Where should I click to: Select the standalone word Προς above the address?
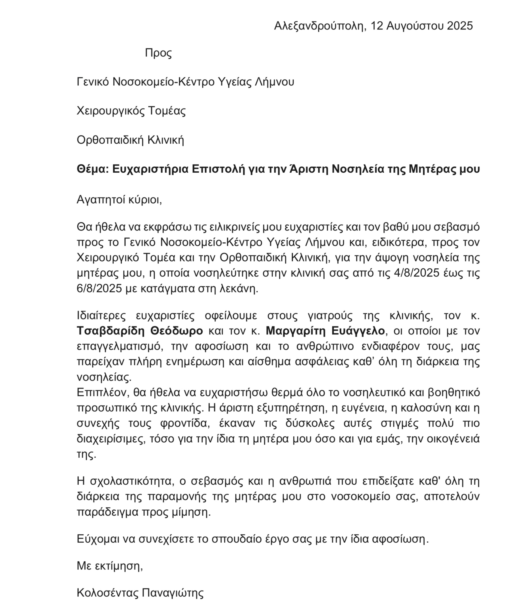click(x=158, y=53)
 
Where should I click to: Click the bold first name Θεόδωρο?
click(x=176, y=331)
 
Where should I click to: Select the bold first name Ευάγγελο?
click(x=358, y=331)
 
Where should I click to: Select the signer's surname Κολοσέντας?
click(x=107, y=593)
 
